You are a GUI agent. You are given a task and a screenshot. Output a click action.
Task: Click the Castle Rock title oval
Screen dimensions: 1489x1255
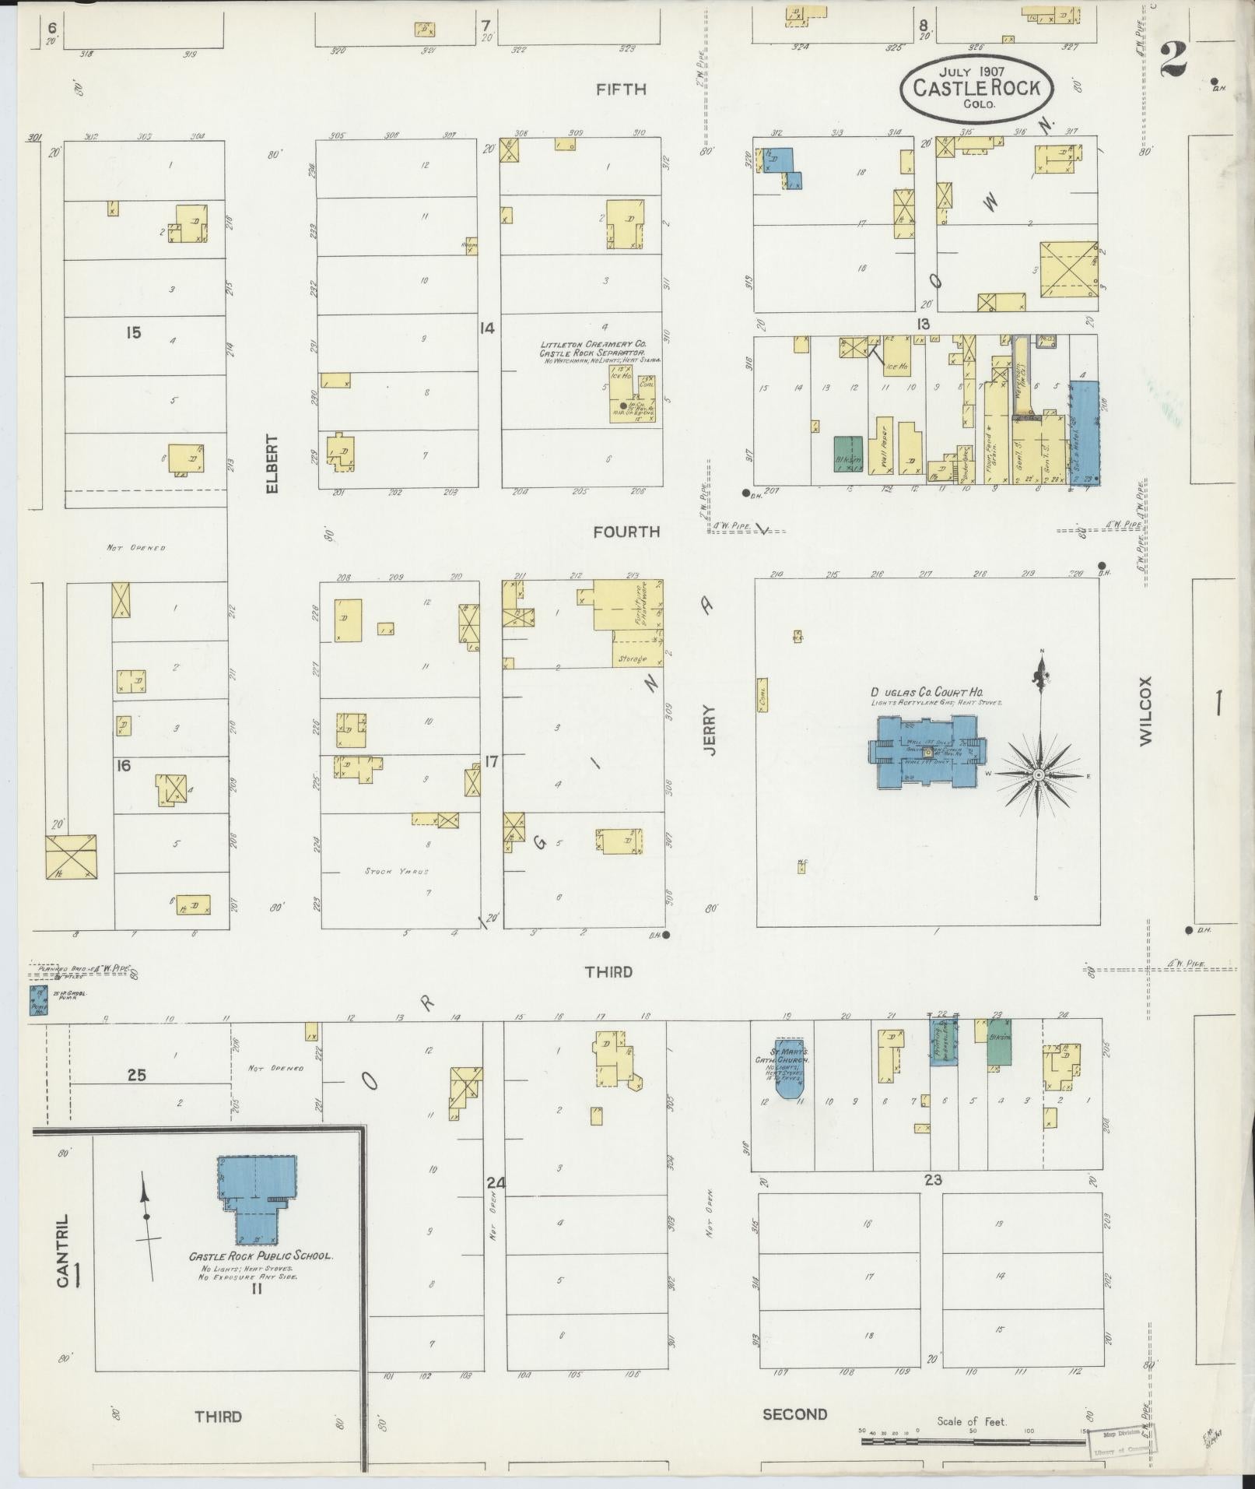click(x=976, y=88)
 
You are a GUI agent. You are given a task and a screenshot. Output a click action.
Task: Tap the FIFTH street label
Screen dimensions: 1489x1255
click(x=620, y=90)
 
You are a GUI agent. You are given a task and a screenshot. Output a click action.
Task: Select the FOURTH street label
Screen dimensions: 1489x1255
click(x=626, y=532)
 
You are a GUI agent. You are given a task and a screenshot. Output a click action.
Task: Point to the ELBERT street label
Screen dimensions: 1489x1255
click(x=272, y=463)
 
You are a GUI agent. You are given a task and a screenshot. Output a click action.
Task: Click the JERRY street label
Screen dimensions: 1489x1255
click(x=708, y=729)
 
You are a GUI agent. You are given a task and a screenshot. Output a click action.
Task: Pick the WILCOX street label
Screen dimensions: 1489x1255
click(x=1145, y=711)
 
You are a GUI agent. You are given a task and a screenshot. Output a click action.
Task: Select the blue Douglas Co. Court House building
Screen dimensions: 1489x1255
click(x=926, y=753)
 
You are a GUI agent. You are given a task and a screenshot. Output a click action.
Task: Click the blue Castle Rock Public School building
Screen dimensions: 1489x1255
click(x=256, y=1204)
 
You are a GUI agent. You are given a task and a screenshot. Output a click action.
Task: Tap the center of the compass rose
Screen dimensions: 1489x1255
click(x=1038, y=776)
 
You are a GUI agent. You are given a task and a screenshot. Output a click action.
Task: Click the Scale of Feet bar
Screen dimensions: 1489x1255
click(x=973, y=1442)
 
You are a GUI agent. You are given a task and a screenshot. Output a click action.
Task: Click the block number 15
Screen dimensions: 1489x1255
click(x=133, y=332)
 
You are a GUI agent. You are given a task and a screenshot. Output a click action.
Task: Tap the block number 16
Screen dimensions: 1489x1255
click(x=123, y=765)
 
